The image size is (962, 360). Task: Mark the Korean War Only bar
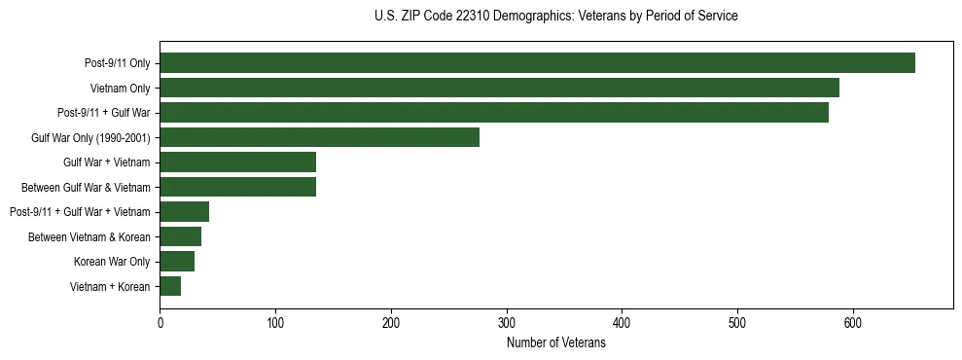(x=177, y=261)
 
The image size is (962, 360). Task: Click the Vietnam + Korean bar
(x=170, y=286)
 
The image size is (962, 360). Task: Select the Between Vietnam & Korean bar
(x=180, y=236)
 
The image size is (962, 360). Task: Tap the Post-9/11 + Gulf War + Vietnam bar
(x=184, y=211)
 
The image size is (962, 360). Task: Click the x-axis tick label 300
(x=506, y=321)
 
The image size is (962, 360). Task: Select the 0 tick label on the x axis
(x=160, y=321)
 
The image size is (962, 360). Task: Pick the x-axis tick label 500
(x=737, y=321)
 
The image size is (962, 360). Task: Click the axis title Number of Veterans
(x=555, y=342)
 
